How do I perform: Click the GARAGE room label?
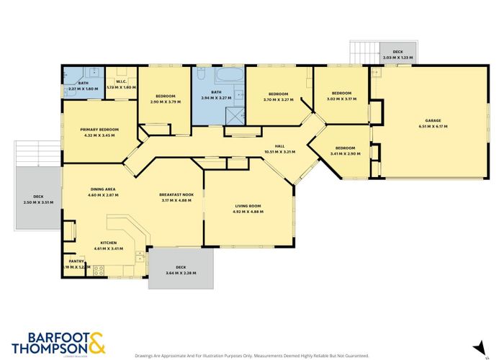(x=433, y=120)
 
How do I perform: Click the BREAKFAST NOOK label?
(x=176, y=194)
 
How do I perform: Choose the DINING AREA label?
(x=102, y=189)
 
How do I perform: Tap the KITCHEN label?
(x=108, y=243)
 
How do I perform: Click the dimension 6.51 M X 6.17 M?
(x=433, y=126)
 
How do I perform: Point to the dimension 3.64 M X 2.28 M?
(x=180, y=273)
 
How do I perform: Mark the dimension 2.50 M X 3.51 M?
(x=38, y=202)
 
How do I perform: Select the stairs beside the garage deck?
(x=364, y=53)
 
